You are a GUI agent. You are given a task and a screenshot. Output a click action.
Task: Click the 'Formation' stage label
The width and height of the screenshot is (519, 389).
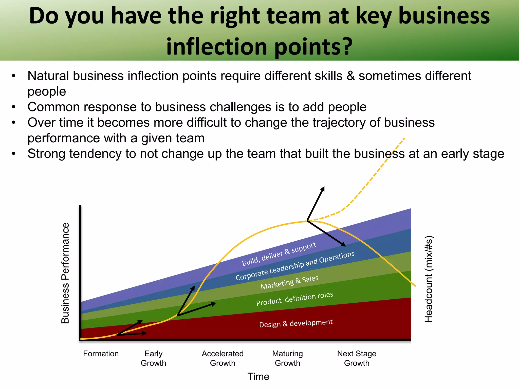(x=101, y=354)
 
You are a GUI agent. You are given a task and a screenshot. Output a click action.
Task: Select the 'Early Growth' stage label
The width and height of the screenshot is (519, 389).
(x=153, y=358)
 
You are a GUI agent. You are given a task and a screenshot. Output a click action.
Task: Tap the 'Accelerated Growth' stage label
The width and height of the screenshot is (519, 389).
(x=223, y=358)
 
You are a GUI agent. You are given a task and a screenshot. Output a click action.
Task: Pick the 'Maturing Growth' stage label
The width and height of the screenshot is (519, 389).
(x=287, y=358)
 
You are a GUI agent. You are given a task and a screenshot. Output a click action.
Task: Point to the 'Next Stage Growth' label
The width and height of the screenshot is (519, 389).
(x=357, y=358)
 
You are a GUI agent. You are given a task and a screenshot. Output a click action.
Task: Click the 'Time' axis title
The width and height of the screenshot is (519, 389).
(x=258, y=377)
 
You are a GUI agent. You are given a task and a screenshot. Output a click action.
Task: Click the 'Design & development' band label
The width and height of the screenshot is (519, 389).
(x=296, y=323)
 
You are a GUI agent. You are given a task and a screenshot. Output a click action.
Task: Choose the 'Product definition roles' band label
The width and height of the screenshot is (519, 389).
(x=294, y=299)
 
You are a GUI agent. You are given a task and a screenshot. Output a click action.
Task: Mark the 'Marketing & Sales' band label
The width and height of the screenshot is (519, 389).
(x=289, y=282)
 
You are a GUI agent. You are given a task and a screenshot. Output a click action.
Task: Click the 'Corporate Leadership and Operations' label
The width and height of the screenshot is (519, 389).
(x=295, y=266)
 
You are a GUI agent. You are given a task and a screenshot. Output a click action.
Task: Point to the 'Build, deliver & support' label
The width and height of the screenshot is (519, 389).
(x=279, y=254)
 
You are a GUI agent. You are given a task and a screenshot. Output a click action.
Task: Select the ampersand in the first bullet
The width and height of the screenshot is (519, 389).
(x=350, y=76)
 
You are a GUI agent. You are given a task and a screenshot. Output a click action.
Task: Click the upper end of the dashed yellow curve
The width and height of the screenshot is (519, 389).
(x=404, y=139)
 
